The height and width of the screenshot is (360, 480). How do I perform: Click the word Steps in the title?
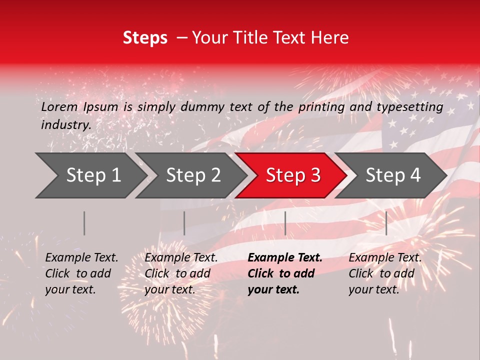[x=145, y=38]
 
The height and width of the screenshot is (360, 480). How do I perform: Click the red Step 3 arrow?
[x=292, y=175]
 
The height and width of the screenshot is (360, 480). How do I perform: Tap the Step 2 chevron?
[x=193, y=175]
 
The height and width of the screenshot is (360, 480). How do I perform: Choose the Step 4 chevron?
[x=392, y=175]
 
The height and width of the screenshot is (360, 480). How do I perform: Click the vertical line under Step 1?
[x=84, y=223]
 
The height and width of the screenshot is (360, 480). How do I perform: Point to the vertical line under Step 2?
[x=184, y=223]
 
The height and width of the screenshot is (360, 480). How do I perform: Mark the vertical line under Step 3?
[x=285, y=223]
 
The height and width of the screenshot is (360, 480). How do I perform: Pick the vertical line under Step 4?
[x=386, y=223]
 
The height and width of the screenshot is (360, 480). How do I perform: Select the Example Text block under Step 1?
[x=81, y=273]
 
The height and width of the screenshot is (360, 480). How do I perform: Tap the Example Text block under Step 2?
[x=181, y=273]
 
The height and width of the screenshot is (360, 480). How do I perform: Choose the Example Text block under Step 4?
[x=385, y=273]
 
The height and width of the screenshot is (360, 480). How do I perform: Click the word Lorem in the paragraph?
[x=59, y=106]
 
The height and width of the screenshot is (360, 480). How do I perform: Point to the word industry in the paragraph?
[x=65, y=124]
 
